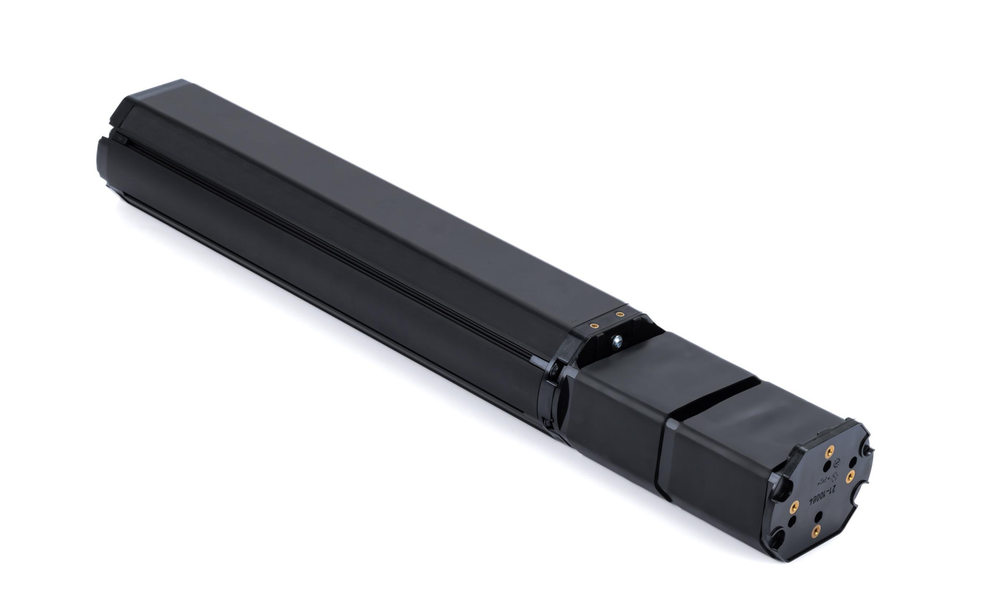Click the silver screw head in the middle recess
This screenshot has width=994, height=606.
pyautogui.click(x=617, y=342)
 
